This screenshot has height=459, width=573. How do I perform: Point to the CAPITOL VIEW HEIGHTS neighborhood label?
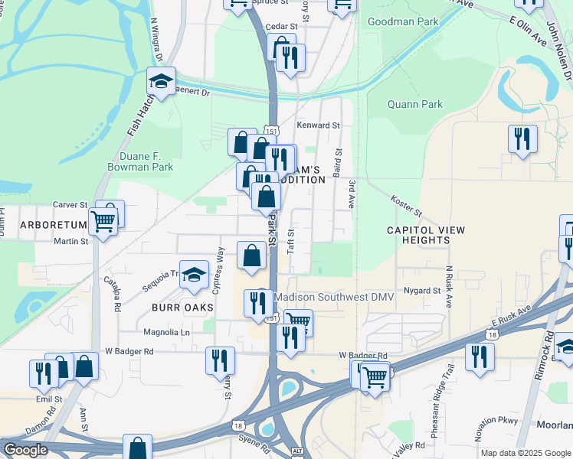tap(418, 235)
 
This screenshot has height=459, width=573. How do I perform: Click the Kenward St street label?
tap(318, 125)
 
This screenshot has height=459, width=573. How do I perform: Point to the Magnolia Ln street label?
tap(166, 332)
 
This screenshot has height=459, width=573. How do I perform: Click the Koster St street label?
tap(406, 205)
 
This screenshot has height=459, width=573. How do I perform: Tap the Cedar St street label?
tap(280, 26)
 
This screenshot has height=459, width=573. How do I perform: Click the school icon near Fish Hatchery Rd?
tap(161, 81)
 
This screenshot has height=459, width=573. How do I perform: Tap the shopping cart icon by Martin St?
tap(103, 222)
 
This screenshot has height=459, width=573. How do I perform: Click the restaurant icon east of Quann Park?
tap(522, 138)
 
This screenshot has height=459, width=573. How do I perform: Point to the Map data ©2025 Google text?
tap(525, 453)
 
